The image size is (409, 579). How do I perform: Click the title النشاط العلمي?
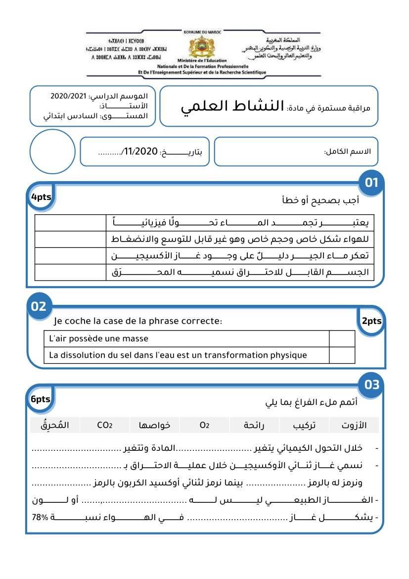point(232,106)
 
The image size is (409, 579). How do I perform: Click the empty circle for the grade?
point(52,151)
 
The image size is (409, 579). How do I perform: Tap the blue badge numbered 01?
point(371,183)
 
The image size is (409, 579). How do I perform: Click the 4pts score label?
point(41,197)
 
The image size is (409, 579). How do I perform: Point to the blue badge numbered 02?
point(39,306)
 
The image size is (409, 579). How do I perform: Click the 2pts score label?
point(371,321)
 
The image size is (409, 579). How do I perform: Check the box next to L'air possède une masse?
point(342,339)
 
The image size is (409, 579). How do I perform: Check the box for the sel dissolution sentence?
point(342,355)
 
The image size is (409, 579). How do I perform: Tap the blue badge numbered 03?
point(371,385)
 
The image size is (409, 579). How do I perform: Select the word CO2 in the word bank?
point(105,425)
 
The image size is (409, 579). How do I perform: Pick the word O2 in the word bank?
point(205,425)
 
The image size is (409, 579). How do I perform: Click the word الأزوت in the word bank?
point(355,425)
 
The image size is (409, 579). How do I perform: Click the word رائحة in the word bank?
point(255,425)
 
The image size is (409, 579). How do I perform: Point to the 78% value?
point(40,517)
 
